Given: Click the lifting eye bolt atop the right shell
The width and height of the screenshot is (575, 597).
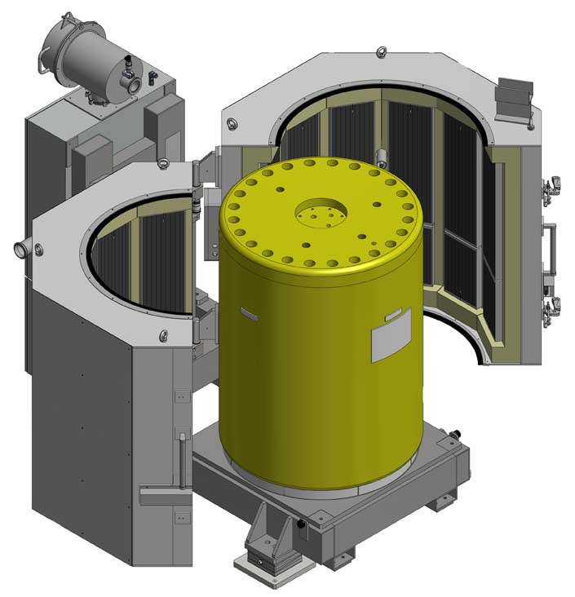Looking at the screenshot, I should (380, 54).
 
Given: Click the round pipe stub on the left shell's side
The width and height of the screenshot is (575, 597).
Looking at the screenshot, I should (19, 247).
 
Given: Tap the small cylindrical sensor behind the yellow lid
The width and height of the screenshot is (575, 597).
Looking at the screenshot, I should (380, 157).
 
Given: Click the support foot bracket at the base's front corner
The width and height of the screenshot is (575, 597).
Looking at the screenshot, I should (265, 542).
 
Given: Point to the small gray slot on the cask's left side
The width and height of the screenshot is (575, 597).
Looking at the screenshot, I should (246, 311).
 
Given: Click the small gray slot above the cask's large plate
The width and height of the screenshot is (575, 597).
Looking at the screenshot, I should (391, 316).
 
